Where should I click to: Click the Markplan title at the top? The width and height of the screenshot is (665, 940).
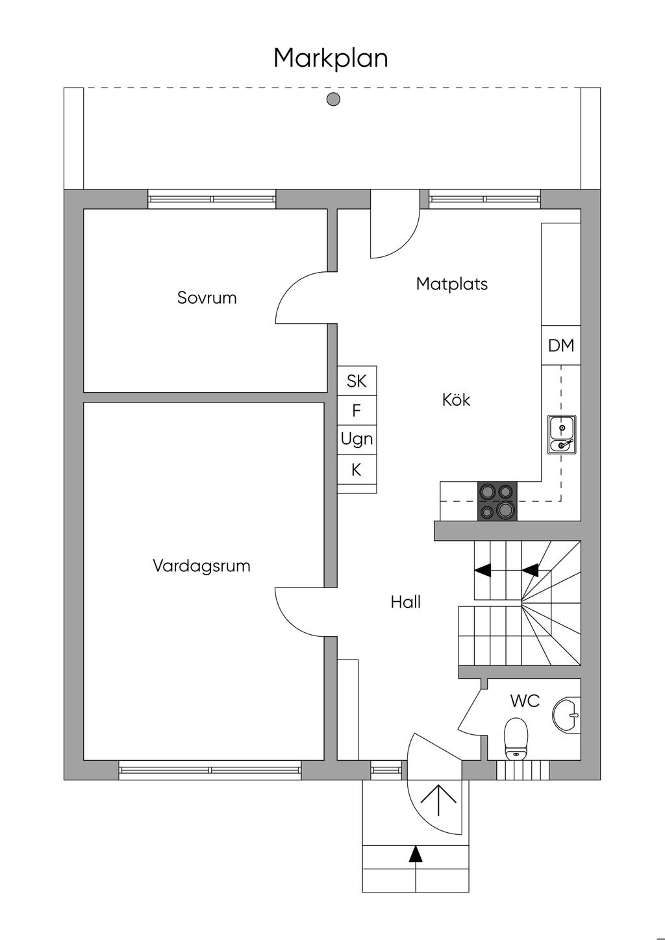pos(331,58)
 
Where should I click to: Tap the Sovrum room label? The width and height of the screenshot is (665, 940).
pos(207,298)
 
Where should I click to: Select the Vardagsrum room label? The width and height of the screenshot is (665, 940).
pos(201,565)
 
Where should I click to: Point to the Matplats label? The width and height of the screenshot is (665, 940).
pos(451,284)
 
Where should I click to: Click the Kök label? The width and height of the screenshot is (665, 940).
pos(456,400)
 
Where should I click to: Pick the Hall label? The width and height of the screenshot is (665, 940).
pos(405,602)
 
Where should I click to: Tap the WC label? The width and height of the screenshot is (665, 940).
pos(525,701)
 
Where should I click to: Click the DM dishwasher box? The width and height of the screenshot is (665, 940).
pos(561,345)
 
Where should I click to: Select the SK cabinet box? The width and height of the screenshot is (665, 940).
pos(357,380)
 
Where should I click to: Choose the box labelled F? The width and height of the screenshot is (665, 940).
pos(357,410)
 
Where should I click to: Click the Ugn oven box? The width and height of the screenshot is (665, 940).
pos(357,439)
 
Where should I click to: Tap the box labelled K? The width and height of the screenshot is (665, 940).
pos(357,469)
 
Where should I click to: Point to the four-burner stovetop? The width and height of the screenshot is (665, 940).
pos(498,501)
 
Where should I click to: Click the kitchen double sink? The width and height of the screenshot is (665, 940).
pos(561,434)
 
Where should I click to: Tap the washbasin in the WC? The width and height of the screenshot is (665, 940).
pos(566,715)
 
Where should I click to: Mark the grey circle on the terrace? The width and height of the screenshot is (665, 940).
pos(333,99)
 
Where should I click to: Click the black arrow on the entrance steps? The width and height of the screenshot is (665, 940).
pos(415,854)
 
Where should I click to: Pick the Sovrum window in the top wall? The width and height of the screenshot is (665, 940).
pos(212,199)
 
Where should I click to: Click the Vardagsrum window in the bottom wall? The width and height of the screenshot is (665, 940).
pos(210,770)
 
